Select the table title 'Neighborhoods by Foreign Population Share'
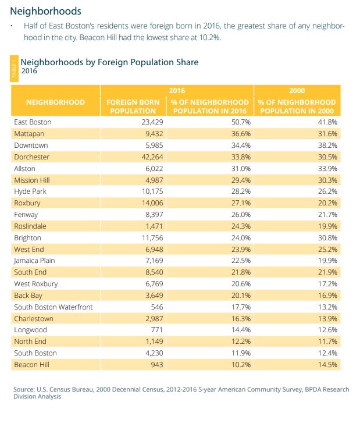(109, 62)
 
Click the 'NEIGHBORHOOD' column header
(55, 102)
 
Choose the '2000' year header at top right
(297, 91)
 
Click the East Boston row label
(33, 122)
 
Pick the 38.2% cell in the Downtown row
(326, 145)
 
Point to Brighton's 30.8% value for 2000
(326, 237)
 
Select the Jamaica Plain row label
(34, 261)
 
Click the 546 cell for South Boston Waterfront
(150, 307)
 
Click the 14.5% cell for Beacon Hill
(326, 364)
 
